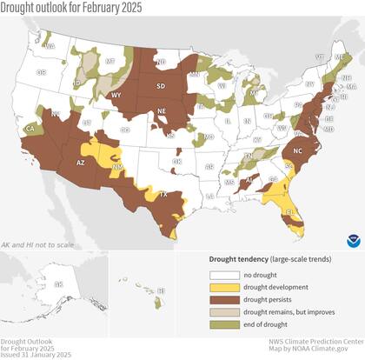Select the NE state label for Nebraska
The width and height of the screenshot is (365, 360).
click(162, 111)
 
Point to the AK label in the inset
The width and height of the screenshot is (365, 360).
click(58, 284)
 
